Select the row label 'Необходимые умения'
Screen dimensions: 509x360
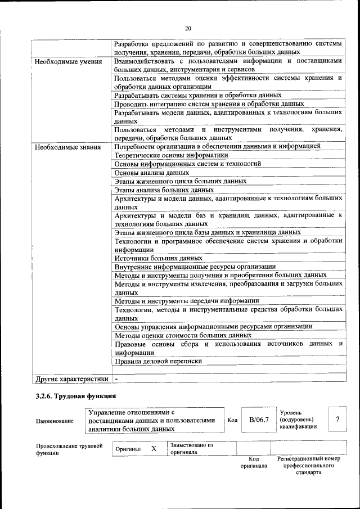click(68, 61)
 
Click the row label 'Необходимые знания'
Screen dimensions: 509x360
click(67, 147)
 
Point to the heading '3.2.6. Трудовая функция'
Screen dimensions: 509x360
click(76, 396)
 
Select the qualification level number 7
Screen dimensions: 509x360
click(337, 420)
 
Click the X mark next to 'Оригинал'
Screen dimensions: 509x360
click(154, 449)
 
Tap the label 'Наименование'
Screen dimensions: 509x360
click(55, 420)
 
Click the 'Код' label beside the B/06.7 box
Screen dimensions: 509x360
click(232, 420)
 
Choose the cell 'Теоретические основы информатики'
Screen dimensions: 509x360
click(171, 155)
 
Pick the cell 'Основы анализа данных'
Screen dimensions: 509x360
click(151, 173)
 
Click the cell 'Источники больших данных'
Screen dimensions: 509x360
click(159, 258)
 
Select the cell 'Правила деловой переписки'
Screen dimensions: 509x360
click(158, 361)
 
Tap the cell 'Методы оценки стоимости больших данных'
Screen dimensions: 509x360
click(183, 335)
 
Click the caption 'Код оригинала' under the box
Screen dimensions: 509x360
click(254, 462)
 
